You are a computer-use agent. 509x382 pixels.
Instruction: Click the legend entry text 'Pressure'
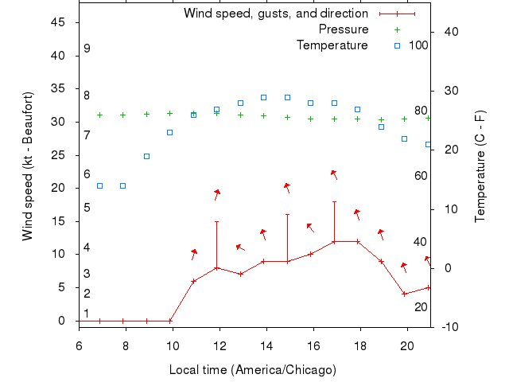tap(344, 29)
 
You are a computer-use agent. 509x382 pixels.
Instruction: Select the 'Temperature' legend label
tap(332, 45)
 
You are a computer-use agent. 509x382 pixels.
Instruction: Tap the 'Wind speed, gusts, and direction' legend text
tap(275, 14)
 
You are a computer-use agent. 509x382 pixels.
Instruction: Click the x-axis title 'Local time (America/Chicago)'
tap(253, 370)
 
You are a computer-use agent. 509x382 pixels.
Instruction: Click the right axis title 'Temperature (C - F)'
tap(480, 167)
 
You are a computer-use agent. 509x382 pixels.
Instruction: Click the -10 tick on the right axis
tap(450, 326)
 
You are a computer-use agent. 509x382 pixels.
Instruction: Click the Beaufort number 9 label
tap(87, 49)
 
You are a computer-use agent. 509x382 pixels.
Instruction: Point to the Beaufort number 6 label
tap(87, 174)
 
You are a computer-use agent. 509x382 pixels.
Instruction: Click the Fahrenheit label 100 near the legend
tap(418, 45)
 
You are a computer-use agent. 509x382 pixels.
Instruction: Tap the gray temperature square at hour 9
tap(146, 156)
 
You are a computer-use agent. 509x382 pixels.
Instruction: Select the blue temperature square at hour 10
tap(170, 132)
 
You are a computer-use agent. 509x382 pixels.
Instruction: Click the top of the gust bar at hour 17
tap(334, 201)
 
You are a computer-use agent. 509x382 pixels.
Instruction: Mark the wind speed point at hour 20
tap(405, 294)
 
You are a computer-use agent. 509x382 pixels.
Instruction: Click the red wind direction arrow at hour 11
tap(193, 254)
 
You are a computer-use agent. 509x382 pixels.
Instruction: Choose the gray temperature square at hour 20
tap(405, 138)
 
